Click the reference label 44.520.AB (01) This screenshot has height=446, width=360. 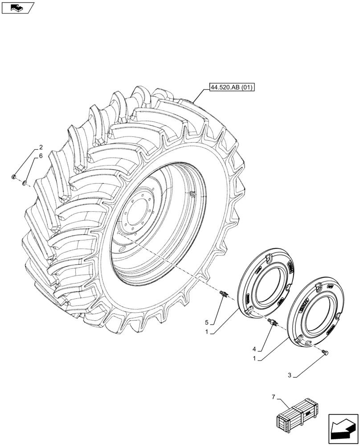coord(230,87)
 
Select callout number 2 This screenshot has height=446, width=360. coord(41,147)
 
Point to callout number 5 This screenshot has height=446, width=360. coord(207,322)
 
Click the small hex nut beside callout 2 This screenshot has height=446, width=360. coord(14,177)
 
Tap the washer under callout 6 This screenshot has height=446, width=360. coord(25,182)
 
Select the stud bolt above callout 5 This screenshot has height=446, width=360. coord(224,294)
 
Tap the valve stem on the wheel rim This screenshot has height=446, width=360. coord(192,194)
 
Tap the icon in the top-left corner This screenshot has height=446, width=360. coord(18,8)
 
